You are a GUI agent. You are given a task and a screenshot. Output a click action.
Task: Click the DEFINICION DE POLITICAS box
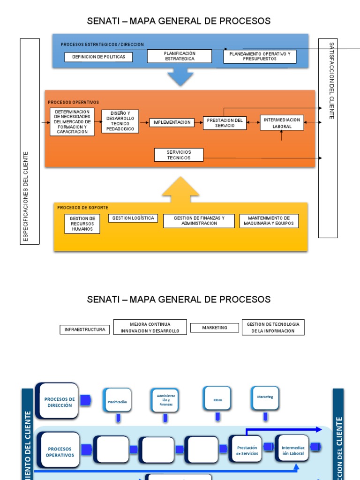[98, 57]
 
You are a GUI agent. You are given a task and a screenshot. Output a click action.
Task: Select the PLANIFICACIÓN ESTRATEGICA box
[180, 56]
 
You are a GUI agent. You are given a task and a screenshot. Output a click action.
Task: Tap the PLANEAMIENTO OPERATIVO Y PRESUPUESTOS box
[260, 57]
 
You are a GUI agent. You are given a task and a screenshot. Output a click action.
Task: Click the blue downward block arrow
[180, 76]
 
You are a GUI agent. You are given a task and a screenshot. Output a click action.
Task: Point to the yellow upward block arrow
[180, 190]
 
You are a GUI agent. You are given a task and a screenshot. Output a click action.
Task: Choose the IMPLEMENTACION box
[172, 122]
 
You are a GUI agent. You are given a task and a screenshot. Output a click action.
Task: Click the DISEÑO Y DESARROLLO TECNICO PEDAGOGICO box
[120, 121]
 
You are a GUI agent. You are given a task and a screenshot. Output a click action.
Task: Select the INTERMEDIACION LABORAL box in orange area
[282, 123]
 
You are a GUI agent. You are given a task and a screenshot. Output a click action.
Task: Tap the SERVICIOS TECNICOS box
[179, 155]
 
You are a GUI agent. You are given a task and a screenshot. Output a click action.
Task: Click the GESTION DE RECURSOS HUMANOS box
[82, 224]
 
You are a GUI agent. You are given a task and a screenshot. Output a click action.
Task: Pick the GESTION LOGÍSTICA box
[133, 218]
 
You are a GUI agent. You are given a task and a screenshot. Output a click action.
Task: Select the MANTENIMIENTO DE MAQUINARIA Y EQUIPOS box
[269, 221]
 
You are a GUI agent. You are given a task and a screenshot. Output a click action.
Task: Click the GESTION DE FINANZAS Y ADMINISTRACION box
[199, 221]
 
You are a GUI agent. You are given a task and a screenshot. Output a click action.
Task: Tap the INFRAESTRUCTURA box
[85, 330]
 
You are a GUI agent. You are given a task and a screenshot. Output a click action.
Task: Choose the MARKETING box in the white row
[215, 328]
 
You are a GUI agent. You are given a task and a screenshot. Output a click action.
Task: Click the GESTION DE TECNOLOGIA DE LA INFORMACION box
[273, 327]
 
